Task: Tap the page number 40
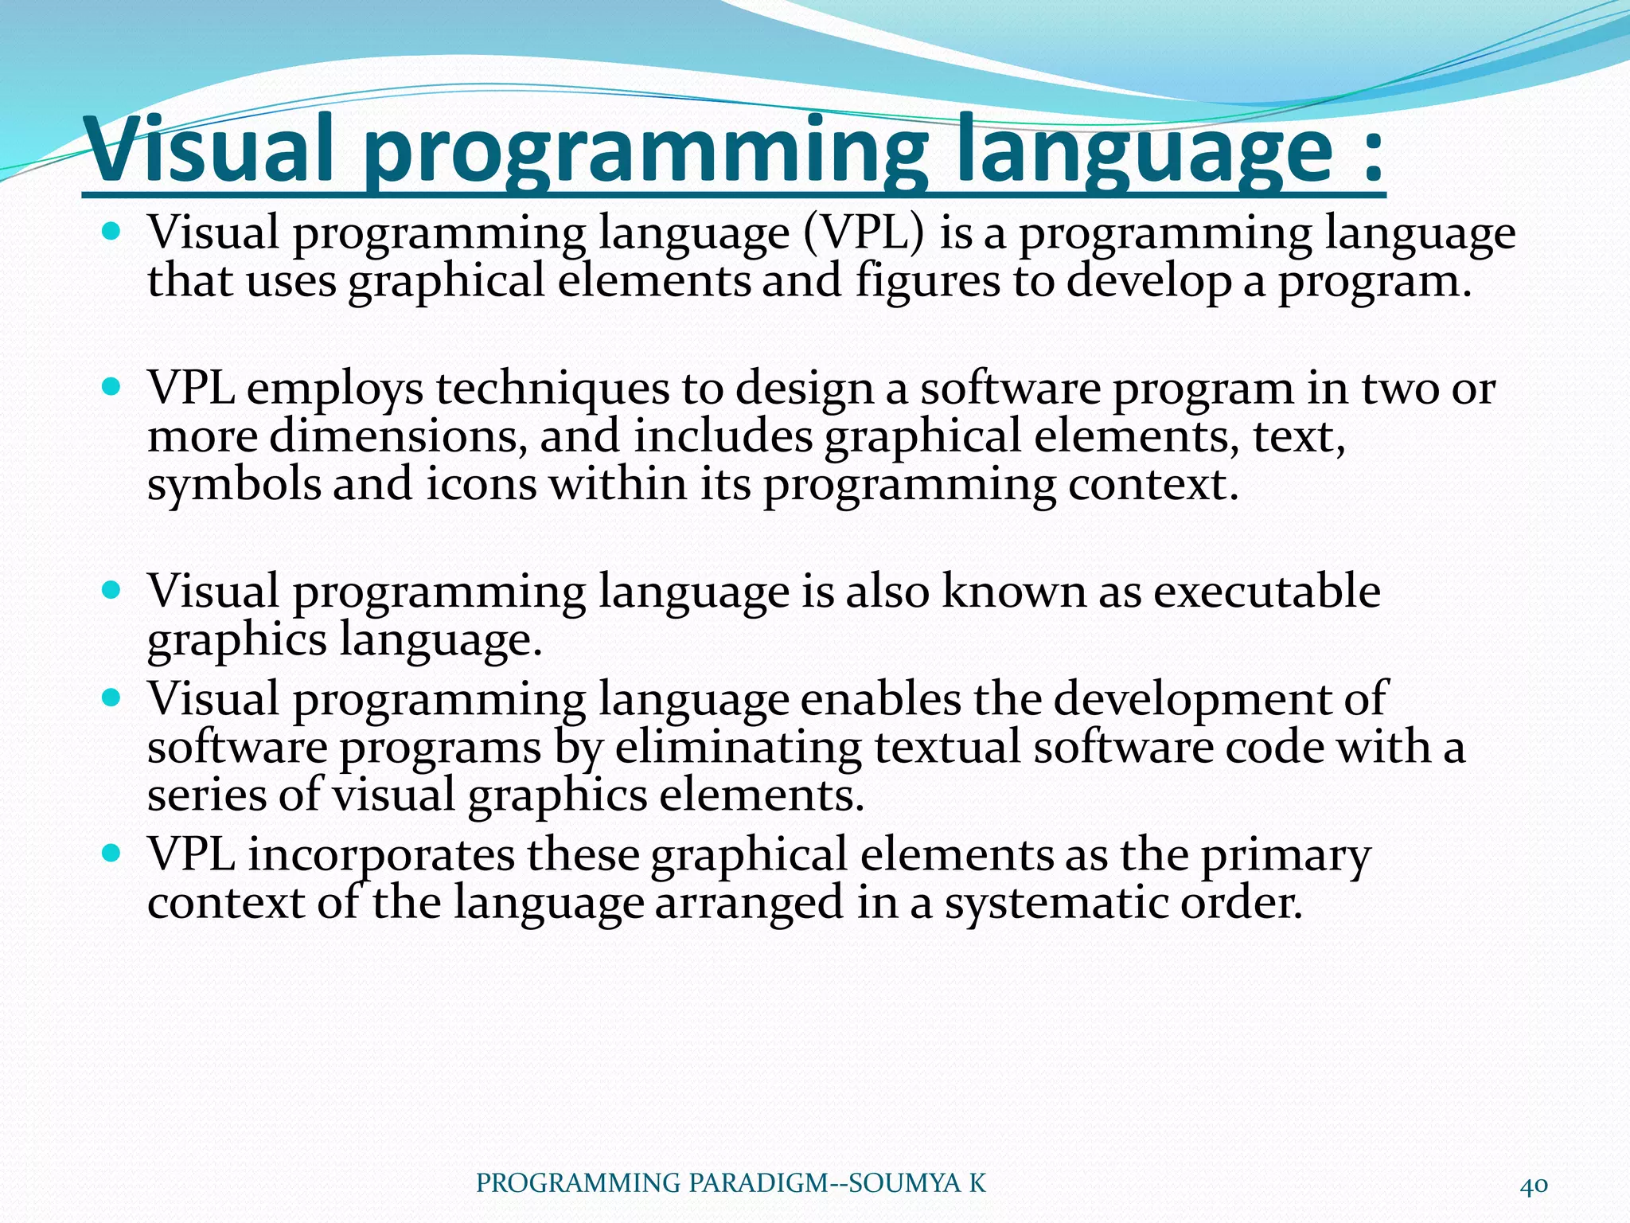coord(1534,1185)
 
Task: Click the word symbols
coord(233,484)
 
